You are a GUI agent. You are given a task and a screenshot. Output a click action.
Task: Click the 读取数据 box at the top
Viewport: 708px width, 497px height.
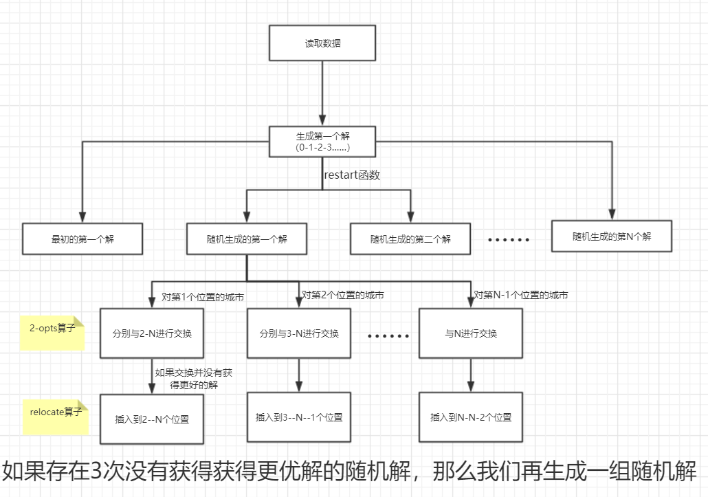[x=322, y=43]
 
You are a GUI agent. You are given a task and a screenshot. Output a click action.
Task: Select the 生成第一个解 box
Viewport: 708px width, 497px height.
[x=322, y=141]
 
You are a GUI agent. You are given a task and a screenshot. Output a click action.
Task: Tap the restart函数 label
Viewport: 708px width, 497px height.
[x=352, y=175]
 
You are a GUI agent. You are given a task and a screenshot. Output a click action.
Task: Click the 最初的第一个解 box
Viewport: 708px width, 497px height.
[x=82, y=240]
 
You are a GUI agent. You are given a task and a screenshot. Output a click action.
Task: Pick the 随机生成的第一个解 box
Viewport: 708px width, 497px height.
[x=247, y=240]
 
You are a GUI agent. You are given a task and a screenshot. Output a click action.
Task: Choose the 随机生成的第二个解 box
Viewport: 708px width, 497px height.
[x=410, y=240]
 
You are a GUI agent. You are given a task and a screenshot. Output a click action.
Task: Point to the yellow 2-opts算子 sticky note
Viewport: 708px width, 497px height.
[x=52, y=333]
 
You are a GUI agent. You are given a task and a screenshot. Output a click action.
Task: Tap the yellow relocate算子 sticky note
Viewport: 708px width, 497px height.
[x=56, y=417]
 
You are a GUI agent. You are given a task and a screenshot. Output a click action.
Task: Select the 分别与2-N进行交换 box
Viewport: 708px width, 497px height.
[x=152, y=333]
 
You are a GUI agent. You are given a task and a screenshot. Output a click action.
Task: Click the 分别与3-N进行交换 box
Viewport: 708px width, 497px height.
[x=299, y=333]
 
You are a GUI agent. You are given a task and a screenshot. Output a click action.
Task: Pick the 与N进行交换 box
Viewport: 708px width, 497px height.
[x=470, y=333]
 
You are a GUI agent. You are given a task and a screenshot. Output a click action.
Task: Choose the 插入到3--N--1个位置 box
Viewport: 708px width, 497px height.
[x=299, y=417]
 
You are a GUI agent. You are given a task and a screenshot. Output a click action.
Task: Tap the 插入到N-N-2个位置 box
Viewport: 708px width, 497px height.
[x=470, y=417]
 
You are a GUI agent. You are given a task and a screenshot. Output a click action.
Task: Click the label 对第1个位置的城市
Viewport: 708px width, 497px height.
[x=203, y=297]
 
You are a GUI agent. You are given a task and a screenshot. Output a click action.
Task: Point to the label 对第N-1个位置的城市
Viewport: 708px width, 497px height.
[x=521, y=295]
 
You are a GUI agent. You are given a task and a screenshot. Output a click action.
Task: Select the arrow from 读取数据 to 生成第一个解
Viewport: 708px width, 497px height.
[x=322, y=93]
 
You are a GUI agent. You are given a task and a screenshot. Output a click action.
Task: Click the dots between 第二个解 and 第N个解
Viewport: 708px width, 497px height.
[x=509, y=240]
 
